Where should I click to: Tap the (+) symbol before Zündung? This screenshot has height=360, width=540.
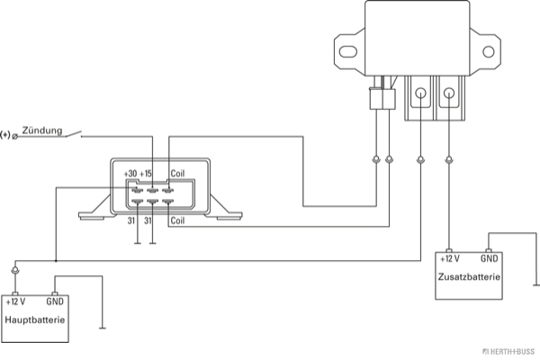pos(6,136)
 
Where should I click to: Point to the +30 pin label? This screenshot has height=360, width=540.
pos(130,174)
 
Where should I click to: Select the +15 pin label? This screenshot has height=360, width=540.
pos(148,174)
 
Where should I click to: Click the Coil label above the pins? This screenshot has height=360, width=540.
pos(178,174)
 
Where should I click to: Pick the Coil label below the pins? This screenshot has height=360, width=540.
pos(178,219)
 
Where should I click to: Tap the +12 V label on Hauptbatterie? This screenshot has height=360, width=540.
pos(15,301)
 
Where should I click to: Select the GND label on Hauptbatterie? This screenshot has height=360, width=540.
pos(56,301)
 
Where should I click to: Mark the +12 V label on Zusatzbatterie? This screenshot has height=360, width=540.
pos(451,258)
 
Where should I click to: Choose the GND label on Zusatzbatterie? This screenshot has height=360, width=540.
pos(490,258)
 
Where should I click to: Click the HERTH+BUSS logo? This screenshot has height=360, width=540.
pos(509,349)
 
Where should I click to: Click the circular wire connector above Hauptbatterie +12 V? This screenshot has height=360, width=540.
pos(14,271)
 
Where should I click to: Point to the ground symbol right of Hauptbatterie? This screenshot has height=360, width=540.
pos(105,328)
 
